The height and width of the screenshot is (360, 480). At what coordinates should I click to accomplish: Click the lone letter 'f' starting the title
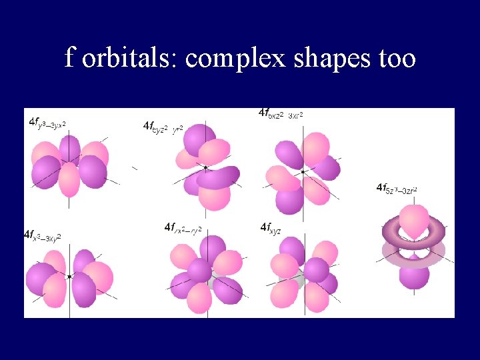69,59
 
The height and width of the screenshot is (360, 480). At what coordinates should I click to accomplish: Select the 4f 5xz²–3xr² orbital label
281,114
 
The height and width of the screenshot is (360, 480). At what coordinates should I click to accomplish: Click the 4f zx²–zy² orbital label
183,229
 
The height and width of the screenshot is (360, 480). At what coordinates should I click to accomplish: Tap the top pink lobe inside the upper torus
414,221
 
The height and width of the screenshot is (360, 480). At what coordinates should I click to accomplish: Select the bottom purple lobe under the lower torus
414,275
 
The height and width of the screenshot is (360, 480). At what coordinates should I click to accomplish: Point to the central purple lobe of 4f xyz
316,269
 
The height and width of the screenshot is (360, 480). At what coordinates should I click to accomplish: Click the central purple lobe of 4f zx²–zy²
199,271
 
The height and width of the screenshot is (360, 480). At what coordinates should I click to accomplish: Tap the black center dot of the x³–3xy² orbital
69,276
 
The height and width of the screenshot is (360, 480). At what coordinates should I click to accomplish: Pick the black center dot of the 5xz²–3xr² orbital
303,172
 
